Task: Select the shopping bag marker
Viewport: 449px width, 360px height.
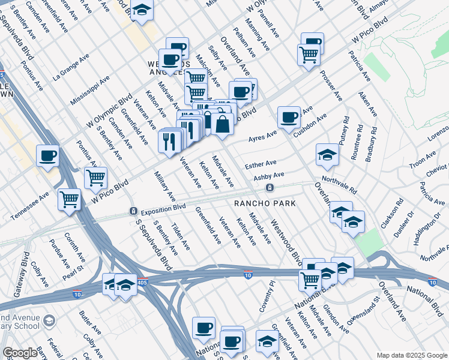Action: (x=222, y=125)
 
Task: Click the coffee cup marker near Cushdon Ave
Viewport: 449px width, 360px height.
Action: (x=289, y=116)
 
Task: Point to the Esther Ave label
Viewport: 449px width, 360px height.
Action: (x=261, y=163)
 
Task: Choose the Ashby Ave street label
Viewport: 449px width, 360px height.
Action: (x=268, y=176)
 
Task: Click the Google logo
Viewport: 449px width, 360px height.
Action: (x=20, y=353)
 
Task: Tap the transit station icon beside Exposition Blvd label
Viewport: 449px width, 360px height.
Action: (x=133, y=212)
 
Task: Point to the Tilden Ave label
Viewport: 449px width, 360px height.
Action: (x=181, y=238)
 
